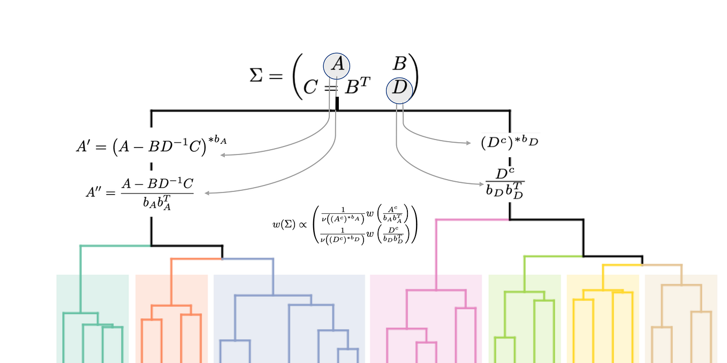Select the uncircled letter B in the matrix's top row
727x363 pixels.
[x=399, y=65]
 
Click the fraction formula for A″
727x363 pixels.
[x=140, y=192]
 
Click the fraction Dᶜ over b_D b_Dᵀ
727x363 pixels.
[x=504, y=183]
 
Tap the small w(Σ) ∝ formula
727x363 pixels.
[x=345, y=225]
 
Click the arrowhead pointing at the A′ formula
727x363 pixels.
[x=223, y=155]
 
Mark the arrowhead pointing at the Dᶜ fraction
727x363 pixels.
[x=481, y=184]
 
